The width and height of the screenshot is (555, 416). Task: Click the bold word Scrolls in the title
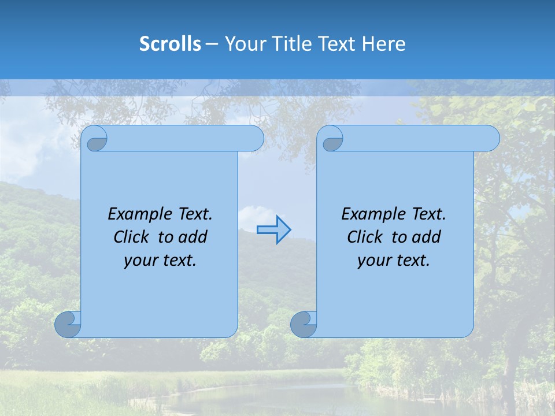[x=170, y=43]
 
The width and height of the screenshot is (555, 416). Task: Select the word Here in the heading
[x=383, y=43]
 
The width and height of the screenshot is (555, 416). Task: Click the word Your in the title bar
[x=243, y=43]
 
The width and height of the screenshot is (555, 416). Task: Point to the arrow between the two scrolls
[x=273, y=229]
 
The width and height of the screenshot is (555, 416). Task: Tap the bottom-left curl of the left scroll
[x=68, y=325]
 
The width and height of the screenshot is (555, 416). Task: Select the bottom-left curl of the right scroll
[x=304, y=325]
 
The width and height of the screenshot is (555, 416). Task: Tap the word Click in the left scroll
[x=132, y=237]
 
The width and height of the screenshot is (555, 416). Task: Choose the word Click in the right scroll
[x=365, y=237]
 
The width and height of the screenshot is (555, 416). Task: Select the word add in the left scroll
[x=193, y=237]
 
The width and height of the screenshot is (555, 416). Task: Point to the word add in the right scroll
[x=427, y=237]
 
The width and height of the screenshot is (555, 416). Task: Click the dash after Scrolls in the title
[x=212, y=44]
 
